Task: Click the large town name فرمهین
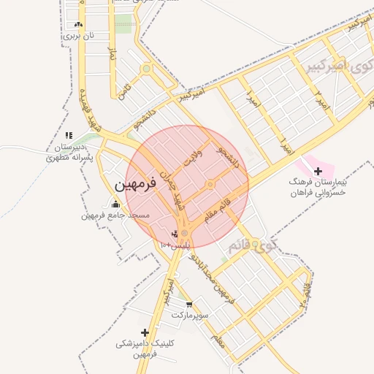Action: pos(136,186)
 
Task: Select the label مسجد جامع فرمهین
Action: pos(115,216)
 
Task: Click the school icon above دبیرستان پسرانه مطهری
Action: pos(69,135)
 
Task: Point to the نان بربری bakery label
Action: pos(78,34)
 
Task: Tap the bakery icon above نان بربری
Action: pos(78,23)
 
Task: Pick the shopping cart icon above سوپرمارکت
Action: pos(190,304)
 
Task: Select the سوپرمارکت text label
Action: pos(190,315)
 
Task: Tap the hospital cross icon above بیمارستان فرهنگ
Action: pos(317,170)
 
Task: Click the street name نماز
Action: pos(112,55)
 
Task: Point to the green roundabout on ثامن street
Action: pos(146,69)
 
